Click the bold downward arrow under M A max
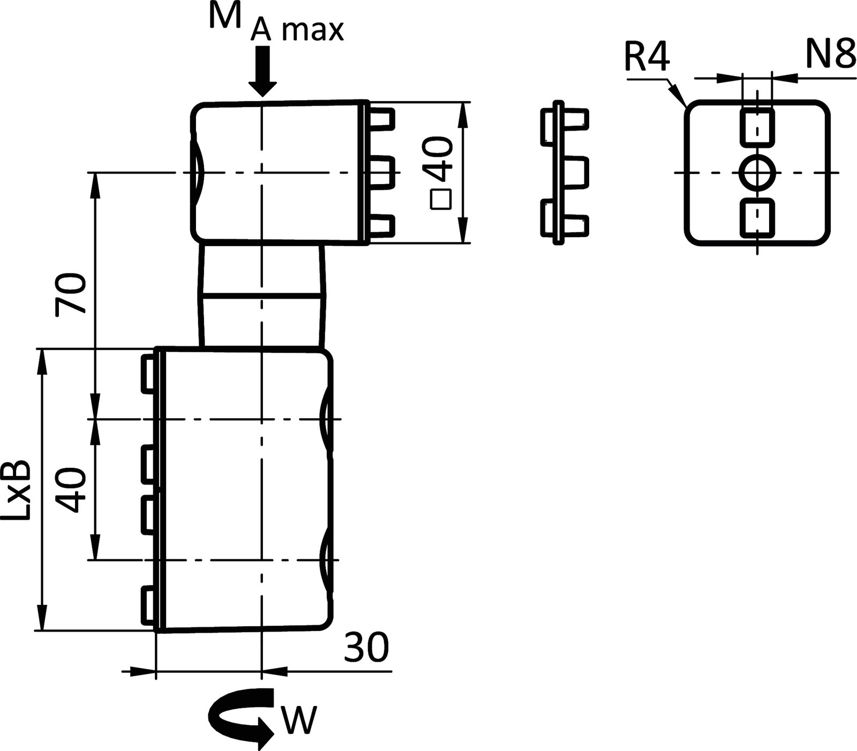click(x=262, y=70)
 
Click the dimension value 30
click(x=366, y=648)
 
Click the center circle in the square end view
click(x=757, y=173)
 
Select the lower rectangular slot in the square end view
click(x=757, y=218)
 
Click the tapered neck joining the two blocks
click(x=262, y=294)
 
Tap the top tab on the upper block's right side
click(x=382, y=119)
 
